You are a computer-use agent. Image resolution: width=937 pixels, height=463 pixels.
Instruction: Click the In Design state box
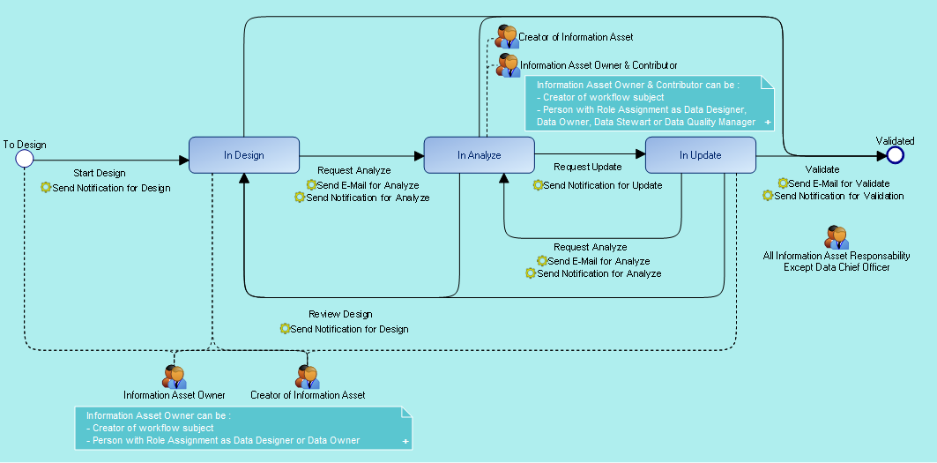click(244, 155)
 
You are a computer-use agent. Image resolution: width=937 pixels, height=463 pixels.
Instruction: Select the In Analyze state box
click(479, 155)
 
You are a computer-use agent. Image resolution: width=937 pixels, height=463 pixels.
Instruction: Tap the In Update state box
click(700, 155)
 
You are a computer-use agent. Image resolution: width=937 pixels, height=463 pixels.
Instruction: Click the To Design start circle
click(25, 159)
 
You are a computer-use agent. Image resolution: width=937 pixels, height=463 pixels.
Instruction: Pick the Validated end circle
click(896, 155)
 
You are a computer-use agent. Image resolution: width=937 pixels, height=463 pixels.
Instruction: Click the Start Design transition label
click(99, 173)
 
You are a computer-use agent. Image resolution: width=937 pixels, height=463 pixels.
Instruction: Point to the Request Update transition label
click(587, 167)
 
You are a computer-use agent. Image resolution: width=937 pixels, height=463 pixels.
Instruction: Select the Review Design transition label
click(340, 314)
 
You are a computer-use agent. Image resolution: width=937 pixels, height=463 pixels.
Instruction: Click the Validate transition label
click(822, 168)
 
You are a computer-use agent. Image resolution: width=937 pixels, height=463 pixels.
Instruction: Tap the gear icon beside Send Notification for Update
click(538, 185)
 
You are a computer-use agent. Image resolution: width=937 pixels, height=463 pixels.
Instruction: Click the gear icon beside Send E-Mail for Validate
click(783, 183)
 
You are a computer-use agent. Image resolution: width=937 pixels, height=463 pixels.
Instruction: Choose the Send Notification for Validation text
click(839, 196)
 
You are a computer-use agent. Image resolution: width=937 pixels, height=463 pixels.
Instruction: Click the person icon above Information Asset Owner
click(175, 377)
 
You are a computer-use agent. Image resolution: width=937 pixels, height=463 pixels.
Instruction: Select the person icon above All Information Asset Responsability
click(837, 237)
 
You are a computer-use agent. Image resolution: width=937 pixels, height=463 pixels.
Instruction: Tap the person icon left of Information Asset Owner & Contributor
click(508, 64)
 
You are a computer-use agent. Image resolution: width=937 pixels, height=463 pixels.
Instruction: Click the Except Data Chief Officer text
click(837, 267)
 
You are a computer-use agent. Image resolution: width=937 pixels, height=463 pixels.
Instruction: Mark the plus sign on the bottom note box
click(405, 440)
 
